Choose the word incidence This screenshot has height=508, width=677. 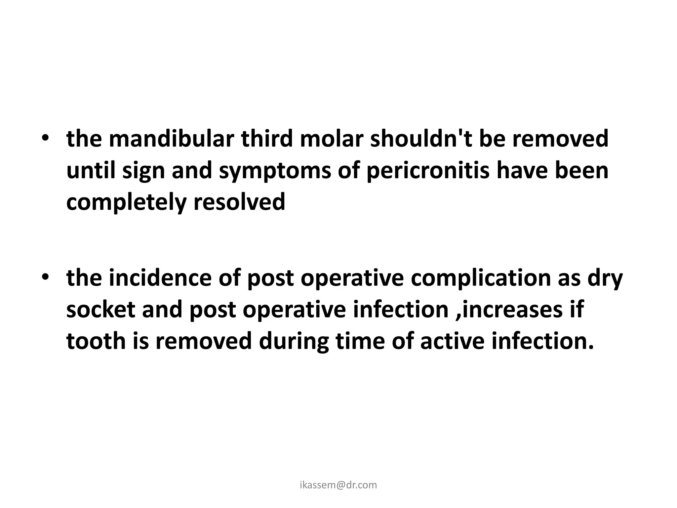tap(160, 278)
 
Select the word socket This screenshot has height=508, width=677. tap(100, 310)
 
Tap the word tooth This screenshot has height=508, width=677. tap(96, 341)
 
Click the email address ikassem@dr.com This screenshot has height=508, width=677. tap(338, 485)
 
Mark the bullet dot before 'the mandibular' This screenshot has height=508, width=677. tap(45, 139)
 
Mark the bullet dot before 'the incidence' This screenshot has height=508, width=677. tap(45, 278)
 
